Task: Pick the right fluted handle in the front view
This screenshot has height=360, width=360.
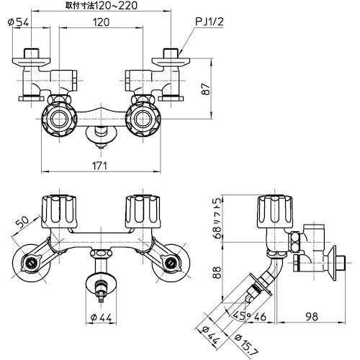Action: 141,210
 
